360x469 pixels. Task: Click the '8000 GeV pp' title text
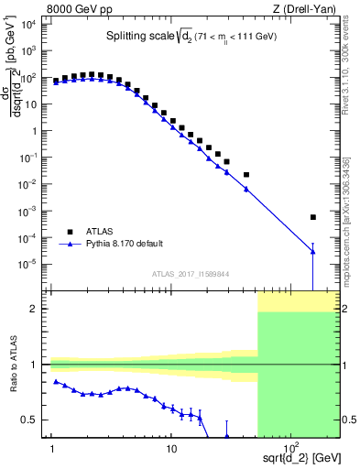pos(80,8)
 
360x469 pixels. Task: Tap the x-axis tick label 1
pos(53,449)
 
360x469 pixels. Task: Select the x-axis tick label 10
pos(171,449)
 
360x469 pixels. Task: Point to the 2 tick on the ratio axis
pos(38,309)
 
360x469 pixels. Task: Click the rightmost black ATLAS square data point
pos(313,217)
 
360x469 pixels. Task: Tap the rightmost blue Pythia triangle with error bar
pos(313,252)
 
